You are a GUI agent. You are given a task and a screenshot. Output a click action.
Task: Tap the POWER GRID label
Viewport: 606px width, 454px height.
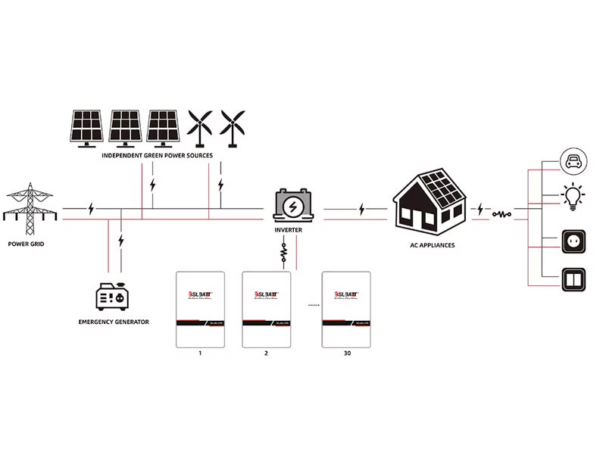click(x=30, y=244)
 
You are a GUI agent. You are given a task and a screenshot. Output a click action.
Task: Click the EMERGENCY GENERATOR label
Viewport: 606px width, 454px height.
click(x=114, y=322)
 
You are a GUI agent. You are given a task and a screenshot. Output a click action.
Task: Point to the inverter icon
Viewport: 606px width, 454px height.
click(x=292, y=205)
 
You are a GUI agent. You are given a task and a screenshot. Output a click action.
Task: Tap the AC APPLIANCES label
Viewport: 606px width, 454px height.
click(x=430, y=245)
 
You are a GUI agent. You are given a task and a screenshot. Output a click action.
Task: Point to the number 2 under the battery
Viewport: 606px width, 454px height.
click(x=267, y=353)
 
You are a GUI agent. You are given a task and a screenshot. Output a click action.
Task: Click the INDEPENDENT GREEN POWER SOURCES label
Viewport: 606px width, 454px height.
click(x=157, y=155)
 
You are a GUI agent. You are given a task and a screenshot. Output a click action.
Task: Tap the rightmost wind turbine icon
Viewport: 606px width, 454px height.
click(x=233, y=128)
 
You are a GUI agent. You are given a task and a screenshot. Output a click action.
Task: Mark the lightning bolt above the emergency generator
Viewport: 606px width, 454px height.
click(x=121, y=241)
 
